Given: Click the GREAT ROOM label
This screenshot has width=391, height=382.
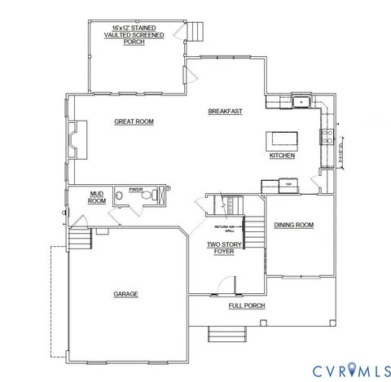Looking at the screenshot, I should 134,121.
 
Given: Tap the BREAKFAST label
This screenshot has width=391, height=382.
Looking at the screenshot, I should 225,111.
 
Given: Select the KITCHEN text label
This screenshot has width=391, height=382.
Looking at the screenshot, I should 282,155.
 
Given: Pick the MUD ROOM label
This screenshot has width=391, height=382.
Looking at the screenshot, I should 97,197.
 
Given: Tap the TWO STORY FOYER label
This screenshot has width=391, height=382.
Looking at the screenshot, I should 220,248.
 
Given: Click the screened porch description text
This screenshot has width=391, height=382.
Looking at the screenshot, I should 134,35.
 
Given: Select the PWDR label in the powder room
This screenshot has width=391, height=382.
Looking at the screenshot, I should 135,189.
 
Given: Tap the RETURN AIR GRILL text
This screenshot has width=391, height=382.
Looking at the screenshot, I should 224,228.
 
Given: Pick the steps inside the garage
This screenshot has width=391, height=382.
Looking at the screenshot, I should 77,240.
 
